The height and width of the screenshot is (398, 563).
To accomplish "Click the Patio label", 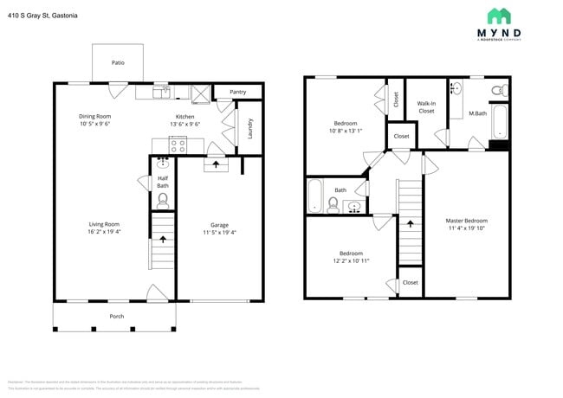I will [x=117, y=63].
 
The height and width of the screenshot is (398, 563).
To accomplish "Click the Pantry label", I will [x=237, y=92].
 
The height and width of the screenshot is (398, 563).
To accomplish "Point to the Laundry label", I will [x=250, y=128].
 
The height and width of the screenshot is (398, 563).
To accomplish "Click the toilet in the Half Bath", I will [x=162, y=199].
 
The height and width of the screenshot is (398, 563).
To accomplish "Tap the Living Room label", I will [x=103, y=224].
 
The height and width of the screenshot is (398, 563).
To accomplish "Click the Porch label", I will [x=116, y=316].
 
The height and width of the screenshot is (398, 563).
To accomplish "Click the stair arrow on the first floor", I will [x=161, y=239].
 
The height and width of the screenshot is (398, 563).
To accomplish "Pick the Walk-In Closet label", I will [x=426, y=107].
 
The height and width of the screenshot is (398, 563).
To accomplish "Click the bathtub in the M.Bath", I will [x=499, y=122].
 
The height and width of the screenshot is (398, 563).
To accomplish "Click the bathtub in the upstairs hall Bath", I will [x=315, y=196].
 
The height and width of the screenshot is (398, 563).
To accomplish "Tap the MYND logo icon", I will [x=498, y=16].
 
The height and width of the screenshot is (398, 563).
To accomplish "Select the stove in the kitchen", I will [x=177, y=146].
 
